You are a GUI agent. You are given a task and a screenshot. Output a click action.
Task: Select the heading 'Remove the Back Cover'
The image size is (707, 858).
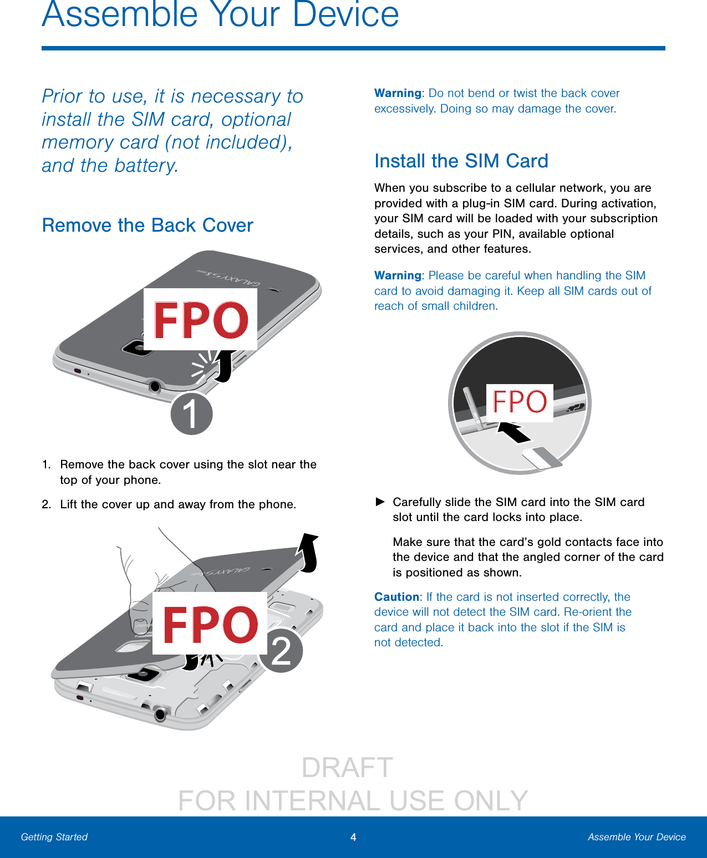(147, 226)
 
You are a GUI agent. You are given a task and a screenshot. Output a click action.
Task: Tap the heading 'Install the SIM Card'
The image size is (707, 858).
(461, 161)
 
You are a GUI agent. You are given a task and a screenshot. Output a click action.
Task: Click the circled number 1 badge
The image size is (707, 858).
(191, 413)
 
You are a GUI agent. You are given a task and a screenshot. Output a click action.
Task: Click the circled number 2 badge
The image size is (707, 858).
(282, 651)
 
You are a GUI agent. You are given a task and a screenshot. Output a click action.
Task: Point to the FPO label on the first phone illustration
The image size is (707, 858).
(200, 319)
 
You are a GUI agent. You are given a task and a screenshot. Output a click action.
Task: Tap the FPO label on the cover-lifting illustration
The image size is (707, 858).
(210, 623)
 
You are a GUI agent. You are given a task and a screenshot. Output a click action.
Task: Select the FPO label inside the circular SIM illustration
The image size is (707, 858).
(520, 402)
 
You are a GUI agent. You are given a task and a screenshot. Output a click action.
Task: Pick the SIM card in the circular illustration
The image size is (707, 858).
(542, 458)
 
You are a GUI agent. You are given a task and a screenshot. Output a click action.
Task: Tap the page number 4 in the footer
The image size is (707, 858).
(353, 837)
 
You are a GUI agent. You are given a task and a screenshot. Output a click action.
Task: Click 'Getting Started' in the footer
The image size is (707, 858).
(54, 837)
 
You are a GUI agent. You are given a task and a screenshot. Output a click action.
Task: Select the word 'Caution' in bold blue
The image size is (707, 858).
(396, 597)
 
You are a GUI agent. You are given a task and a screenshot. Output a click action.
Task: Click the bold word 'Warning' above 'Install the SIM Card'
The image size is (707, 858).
(398, 93)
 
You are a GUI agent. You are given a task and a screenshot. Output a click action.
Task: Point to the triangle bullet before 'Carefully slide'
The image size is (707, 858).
(380, 502)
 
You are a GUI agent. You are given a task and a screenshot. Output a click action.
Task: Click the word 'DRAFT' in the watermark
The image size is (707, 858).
(348, 768)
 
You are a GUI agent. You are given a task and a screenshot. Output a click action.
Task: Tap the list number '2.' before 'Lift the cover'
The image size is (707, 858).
(47, 504)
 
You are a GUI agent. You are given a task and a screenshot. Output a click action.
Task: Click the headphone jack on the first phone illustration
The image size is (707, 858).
(155, 386)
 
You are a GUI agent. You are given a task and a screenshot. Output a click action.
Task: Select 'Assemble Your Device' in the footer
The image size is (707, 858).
(637, 837)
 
